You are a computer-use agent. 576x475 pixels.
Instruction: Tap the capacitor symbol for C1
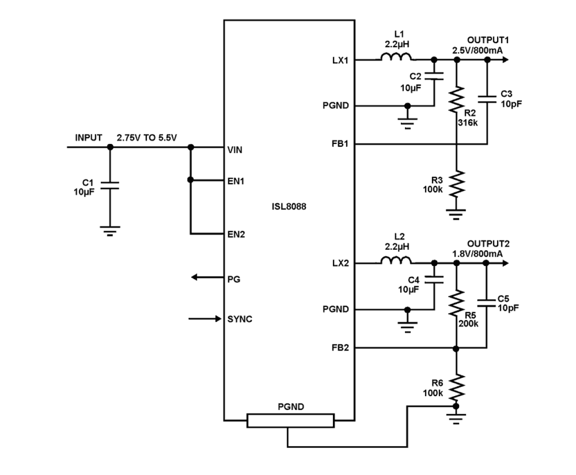click(x=110, y=185)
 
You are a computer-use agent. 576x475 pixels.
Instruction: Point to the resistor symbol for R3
click(x=456, y=183)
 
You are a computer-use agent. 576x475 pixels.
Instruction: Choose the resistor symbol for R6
click(x=456, y=387)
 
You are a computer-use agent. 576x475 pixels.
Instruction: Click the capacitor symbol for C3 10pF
click(x=487, y=99)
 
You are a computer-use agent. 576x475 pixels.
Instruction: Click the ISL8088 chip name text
click(x=289, y=207)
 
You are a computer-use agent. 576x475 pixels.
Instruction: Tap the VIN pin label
click(x=235, y=150)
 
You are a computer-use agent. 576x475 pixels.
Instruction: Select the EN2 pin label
click(x=236, y=235)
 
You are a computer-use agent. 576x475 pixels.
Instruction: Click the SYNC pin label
click(x=240, y=319)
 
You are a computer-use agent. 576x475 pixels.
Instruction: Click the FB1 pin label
click(x=340, y=144)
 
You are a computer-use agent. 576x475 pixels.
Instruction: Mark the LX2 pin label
click(x=340, y=263)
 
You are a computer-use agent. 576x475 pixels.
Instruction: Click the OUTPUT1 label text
click(x=488, y=40)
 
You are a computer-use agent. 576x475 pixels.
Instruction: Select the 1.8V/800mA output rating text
click(x=477, y=254)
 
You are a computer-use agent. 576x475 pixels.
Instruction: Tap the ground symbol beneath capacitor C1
click(x=110, y=230)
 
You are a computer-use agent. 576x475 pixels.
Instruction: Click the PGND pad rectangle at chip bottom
click(x=291, y=420)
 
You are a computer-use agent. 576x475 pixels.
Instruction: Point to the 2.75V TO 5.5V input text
click(x=147, y=138)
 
